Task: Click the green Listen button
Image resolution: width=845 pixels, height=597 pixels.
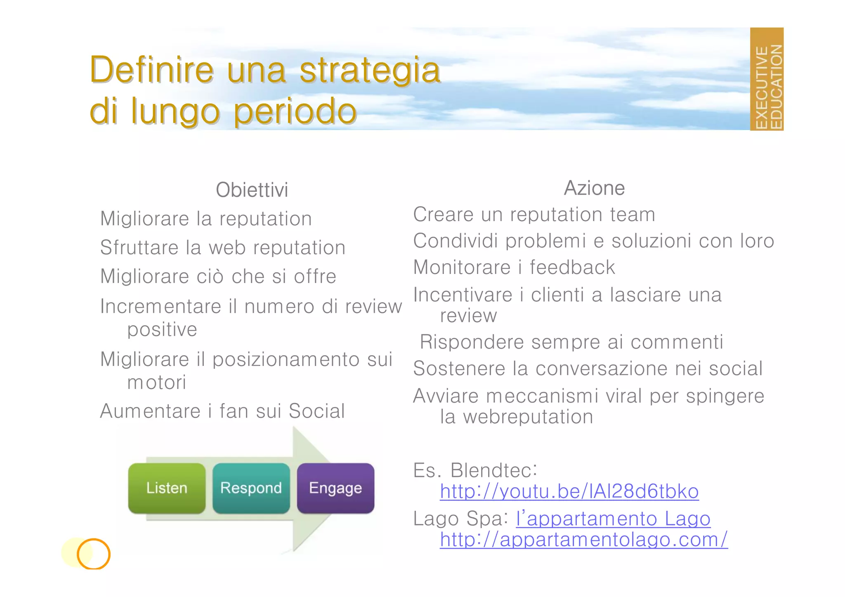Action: (167, 488)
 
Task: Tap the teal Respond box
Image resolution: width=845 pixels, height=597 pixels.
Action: (251, 488)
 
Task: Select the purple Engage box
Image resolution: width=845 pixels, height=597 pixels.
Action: (335, 488)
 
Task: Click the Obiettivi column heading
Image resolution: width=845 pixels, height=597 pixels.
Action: (252, 190)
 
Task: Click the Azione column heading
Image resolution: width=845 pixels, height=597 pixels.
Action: (594, 188)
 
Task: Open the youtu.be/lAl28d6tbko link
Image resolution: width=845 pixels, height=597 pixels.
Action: (569, 491)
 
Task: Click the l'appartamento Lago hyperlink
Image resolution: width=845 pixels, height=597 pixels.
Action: (613, 519)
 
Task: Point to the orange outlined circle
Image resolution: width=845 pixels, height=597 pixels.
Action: (94, 554)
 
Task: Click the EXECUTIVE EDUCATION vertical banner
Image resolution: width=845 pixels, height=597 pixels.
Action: (766, 79)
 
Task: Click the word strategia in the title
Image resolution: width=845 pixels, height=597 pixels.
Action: (370, 70)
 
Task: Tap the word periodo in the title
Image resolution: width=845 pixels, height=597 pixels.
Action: (295, 111)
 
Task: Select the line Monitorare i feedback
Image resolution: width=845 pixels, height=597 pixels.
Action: (514, 267)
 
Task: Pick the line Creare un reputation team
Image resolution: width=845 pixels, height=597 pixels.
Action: (534, 215)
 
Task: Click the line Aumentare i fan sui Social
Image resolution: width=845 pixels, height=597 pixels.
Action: (222, 411)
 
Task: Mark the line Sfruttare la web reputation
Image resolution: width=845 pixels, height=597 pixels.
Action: (222, 248)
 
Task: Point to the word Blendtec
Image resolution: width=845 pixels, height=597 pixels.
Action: (493, 470)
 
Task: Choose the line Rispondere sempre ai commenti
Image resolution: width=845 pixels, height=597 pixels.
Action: (571, 342)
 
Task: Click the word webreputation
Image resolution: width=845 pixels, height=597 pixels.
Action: (528, 417)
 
